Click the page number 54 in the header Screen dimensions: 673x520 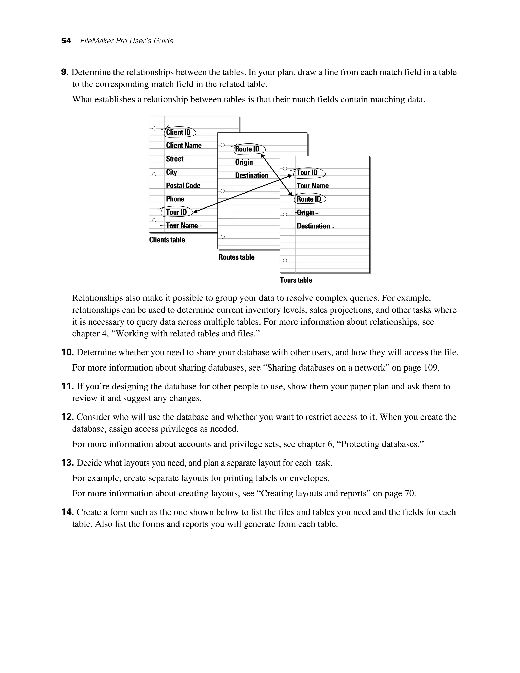(x=66, y=41)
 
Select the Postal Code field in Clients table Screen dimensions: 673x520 (x=183, y=185)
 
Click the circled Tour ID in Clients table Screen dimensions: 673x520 (x=176, y=212)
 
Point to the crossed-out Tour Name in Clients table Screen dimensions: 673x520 (x=182, y=226)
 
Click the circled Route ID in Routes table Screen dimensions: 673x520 (x=248, y=149)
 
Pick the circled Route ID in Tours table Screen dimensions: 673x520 (x=309, y=199)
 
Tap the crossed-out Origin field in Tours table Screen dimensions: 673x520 (x=306, y=213)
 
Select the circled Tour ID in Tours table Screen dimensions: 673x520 (x=307, y=172)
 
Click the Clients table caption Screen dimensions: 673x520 (x=167, y=240)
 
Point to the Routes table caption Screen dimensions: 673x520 (x=237, y=257)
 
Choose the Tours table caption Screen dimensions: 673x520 (x=296, y=280)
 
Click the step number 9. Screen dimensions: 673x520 (x=64, y=72)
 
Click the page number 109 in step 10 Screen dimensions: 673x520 (x=431, y=368)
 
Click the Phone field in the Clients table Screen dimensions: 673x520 (x=175, y=199)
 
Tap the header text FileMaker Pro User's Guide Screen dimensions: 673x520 (x=127, y=41)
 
